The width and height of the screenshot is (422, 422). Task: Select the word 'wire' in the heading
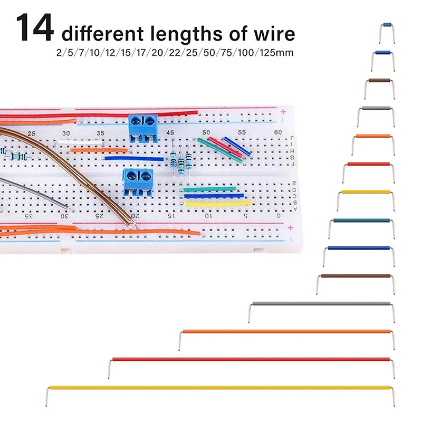[x=273, y=34]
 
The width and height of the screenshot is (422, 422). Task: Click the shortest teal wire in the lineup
[x=387, y=25]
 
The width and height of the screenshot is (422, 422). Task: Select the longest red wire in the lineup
[x=251, y=359]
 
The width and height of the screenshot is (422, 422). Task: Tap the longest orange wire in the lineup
[x=286, y=331]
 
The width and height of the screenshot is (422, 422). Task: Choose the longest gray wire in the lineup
[x=321, y=303]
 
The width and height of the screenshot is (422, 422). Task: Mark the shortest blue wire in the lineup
[x=382, y=53]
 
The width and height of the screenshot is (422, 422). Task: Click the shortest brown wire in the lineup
[x=379, y=80]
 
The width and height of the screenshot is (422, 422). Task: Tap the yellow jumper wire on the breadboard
[x=217, y=203]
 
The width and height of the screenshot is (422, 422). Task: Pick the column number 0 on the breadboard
[x=279, y=216]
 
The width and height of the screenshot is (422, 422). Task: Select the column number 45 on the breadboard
[x=170, y=132]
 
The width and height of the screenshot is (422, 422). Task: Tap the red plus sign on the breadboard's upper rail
[x=283, y=111]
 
